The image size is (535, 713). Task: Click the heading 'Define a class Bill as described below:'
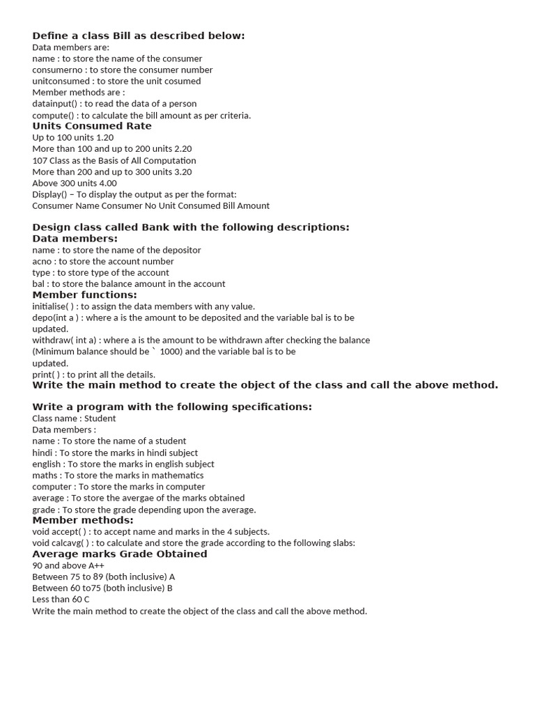(139, 36)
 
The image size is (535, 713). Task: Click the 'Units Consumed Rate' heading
(92, 126)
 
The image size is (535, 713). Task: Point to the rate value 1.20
(105, 137)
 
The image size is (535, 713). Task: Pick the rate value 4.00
(107, 183)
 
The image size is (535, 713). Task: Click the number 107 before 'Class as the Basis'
(39, 160)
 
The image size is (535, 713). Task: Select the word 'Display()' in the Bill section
(49, 194)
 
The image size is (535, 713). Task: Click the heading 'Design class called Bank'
(191, 227)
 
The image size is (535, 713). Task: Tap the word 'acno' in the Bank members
(42, 261)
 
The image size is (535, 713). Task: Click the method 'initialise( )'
(53, 306)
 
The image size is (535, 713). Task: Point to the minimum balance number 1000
(171, 352)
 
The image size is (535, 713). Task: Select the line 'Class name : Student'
(74, 418)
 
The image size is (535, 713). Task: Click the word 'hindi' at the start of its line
(42, 453)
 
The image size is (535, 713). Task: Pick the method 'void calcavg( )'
(61, 543)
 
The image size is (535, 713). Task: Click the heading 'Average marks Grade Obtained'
(120, 554)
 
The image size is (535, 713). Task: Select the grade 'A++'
(96, 565)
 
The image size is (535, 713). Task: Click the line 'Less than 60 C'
(61, 600)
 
